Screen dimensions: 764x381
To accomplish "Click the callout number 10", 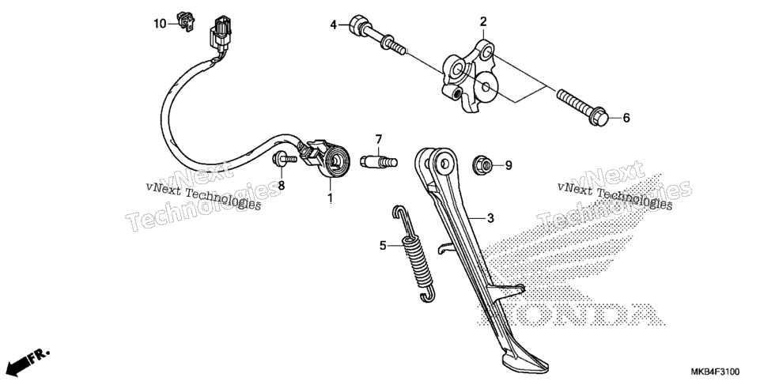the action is tap(161, 24).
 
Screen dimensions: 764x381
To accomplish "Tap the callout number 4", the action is tap(333, 24).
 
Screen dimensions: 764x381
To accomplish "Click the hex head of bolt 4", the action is tap(357, 24).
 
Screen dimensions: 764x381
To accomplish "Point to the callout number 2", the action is tap(483, 21).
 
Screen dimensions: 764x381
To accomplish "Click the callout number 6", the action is tap(626, 118).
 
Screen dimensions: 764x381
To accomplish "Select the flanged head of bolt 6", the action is tap(599, 117).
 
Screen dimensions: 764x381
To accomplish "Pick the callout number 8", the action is tap(281, 186).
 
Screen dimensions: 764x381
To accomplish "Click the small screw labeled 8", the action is tap(284, 158).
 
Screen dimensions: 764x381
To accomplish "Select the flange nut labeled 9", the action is tap(482, 165).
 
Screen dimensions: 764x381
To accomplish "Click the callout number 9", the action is tap(509, 166).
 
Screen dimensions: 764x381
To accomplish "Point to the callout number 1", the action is tap(329, 198).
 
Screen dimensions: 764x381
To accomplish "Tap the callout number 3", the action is tap(490, 218).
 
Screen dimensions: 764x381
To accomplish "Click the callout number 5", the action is tap(383, 246).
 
